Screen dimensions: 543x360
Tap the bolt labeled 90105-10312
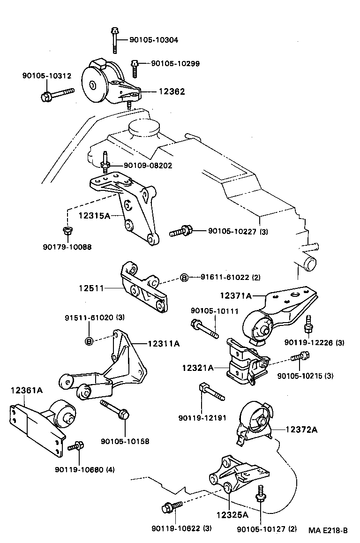(56, 94)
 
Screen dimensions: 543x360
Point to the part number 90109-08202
(148, 166)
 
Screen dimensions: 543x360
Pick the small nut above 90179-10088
(67, 230)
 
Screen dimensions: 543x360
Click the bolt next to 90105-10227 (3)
(180, 231)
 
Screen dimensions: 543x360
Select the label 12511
(91, 288)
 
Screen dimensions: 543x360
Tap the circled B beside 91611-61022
(184, 278)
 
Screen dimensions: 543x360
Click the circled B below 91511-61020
(89, 341)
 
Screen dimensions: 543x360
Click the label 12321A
(198, 368)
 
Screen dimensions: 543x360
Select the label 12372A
(301, 430)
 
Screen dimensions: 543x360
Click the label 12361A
(27, 390)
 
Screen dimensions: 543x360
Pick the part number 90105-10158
(125, 441)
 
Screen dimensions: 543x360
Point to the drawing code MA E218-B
(328, 531)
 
